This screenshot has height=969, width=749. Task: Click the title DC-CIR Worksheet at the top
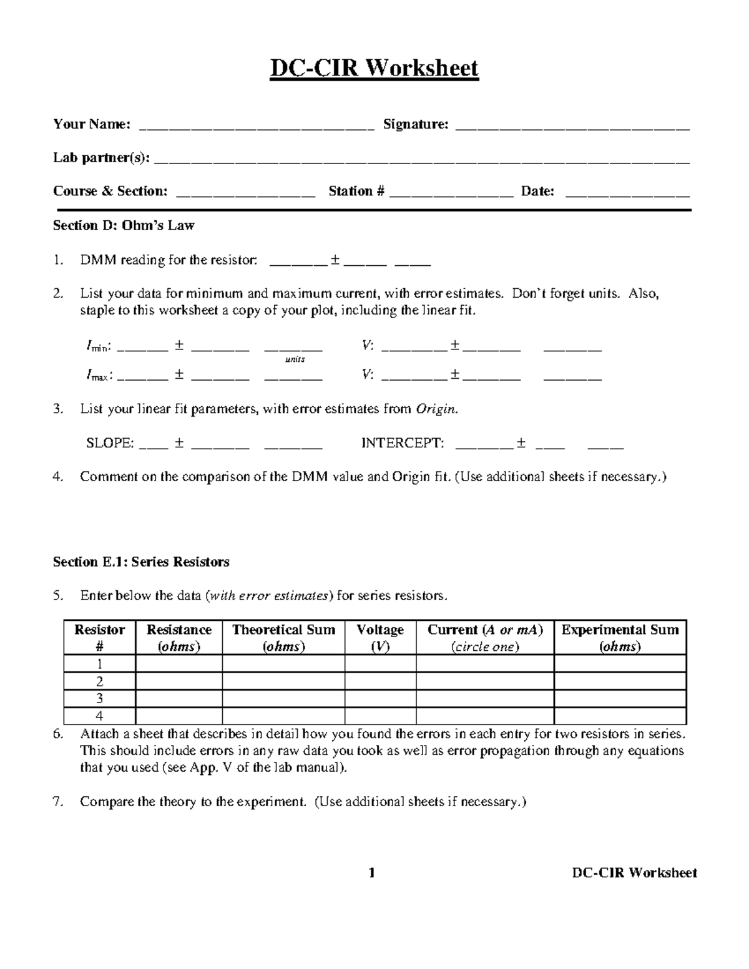pyautogui.click(x=374, y=67)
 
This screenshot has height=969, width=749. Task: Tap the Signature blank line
pyautogui.click(x=573, y=127)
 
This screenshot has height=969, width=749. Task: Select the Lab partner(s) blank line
pyautogui.click(x=421, y=160)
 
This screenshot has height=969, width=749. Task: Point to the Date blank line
pyautogui.click(x=627, y=194)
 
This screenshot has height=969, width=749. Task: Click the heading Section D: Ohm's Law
pyautogui.click(x=124, y=226)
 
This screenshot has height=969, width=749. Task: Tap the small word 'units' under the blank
pyautogui.click(x=295, y=360)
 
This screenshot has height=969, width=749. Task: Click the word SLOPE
pyautogui.click(x=110, y=444)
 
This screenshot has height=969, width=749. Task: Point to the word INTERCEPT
pyautogui.click(x=403, y=444)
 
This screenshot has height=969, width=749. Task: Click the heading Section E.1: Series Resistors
pyautogui.click(x=141, y=562)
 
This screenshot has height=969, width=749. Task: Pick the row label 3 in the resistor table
pyautogui.click(x=99, y=699)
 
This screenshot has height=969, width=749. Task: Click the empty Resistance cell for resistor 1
pyautogui.click(x=179, y=664)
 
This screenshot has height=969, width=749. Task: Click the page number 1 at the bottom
pyautogui.click(x=372, y=873)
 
